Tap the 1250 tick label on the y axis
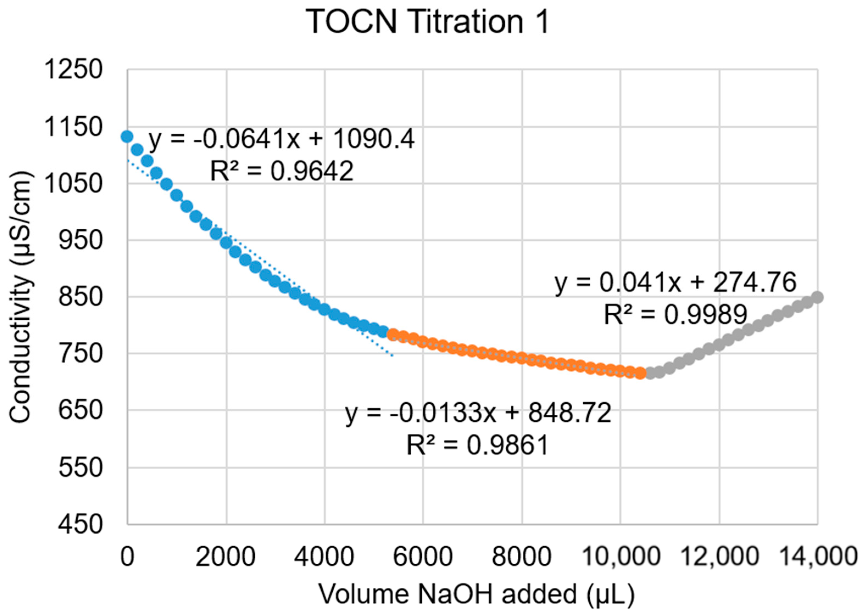(x=73, y=70)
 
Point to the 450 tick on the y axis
(x=80, y=524)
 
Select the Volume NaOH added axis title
(x=477, y=595)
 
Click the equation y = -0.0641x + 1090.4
(x=281, y=139)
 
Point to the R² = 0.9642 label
(x=281, y=171)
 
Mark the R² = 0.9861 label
(x=477, y=445)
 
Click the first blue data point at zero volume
(x=127, y=136)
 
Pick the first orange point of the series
(x=393, y=333)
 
